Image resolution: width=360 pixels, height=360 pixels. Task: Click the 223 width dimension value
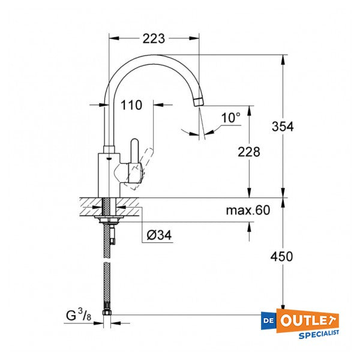click(x=154, y=39)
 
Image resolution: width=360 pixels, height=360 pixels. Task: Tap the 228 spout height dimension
click(x=248, y=152)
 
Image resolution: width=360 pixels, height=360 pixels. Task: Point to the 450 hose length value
click(x=281, y=257)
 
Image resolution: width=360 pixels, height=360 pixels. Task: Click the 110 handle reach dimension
click(x=131, y=106)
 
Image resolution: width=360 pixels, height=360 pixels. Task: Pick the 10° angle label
click(x=230, y=118)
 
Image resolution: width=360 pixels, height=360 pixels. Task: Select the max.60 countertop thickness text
click(x=248, y=210)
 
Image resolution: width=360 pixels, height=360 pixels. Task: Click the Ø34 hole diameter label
click(x=159, y=236)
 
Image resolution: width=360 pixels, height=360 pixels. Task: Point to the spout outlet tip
click(x=199, y=103)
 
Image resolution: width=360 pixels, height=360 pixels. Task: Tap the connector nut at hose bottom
click(x=109, y=315)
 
